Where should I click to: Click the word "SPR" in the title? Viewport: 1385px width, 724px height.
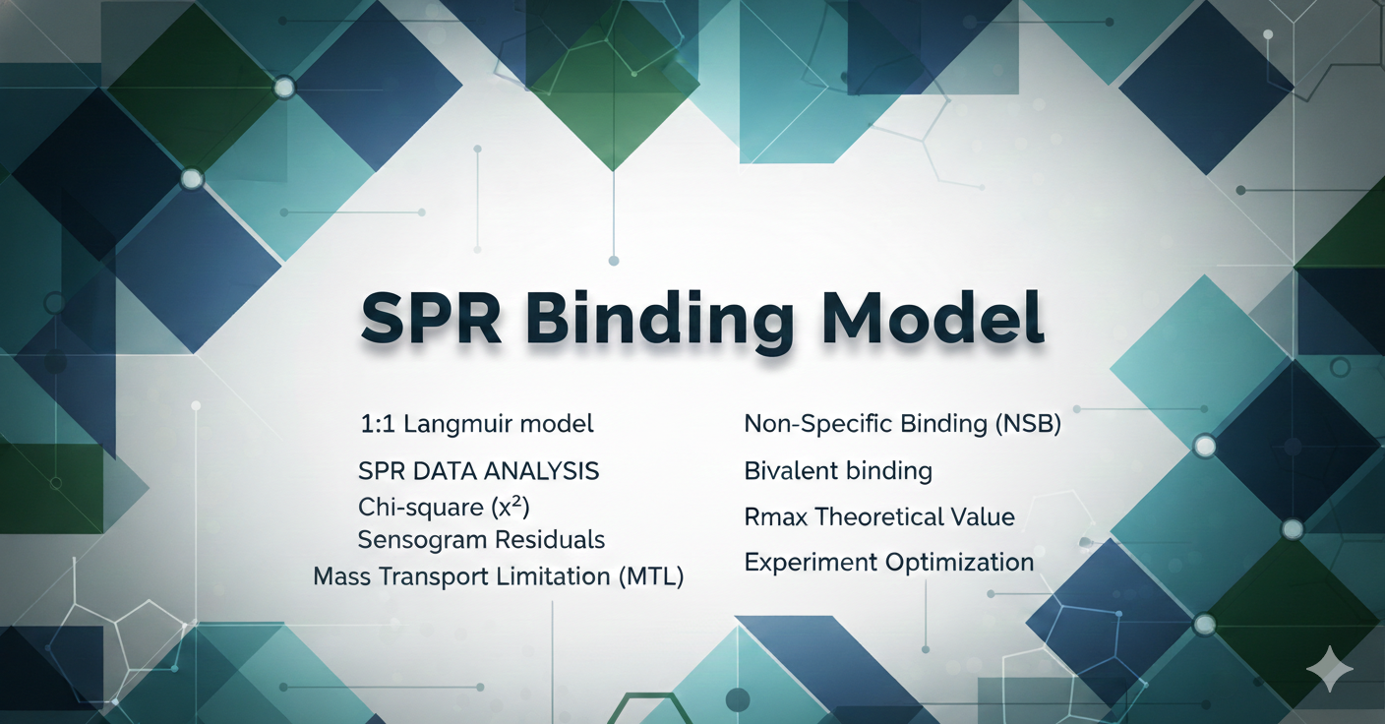click(x=431, y=318)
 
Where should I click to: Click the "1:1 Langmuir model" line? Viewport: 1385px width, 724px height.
click(x=477, y=424)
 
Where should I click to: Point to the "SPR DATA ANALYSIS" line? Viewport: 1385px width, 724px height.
click(x=479, y=471)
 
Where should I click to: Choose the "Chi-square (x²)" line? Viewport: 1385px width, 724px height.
click(x=444, y=508)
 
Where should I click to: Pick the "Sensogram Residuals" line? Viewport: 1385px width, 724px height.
click(x=481, y=540)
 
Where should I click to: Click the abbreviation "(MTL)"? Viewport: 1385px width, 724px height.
click(x=651, y=576)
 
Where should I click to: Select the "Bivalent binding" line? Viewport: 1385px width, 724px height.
click(x=838, y=471)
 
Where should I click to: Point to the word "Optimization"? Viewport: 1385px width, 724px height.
click(x=959, y=563)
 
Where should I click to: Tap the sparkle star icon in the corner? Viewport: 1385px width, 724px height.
click(x=1330, y=668)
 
